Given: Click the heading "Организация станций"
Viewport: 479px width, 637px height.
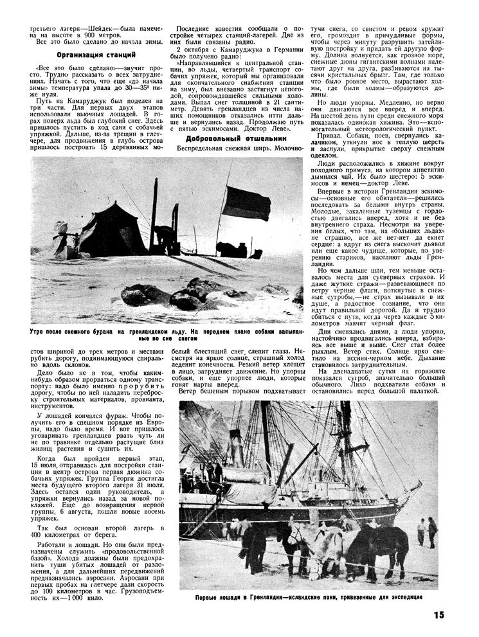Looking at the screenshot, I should (x=87, y=55).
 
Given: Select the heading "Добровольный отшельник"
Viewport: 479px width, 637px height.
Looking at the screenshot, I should (x=229, y=138).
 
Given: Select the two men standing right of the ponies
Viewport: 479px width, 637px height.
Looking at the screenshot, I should (x=427, y=530).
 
